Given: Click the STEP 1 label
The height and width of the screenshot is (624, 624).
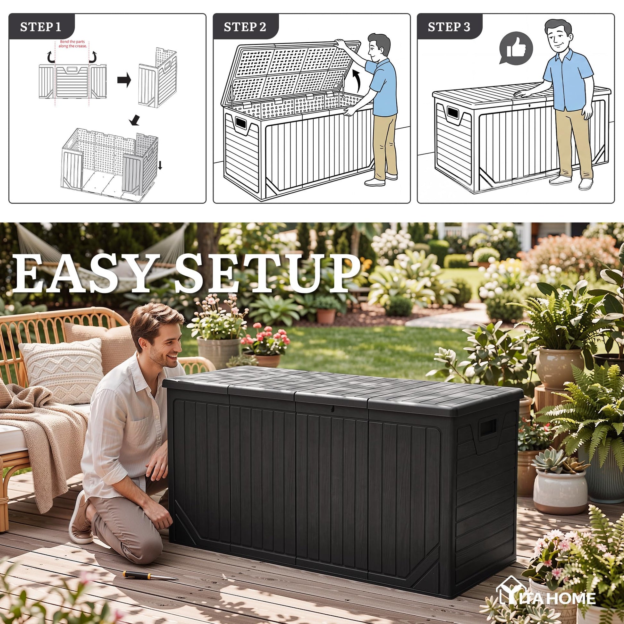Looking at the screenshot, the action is click(x=40, y=27).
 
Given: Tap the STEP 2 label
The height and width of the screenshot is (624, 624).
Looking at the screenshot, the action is click(x=245, y=27).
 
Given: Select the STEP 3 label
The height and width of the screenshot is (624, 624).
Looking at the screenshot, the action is click(x=449, y=27).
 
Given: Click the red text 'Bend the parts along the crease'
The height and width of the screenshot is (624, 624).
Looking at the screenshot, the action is click(x=72, y=44).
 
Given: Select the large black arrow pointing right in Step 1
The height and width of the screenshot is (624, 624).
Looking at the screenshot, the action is click(x=124, y=80).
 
